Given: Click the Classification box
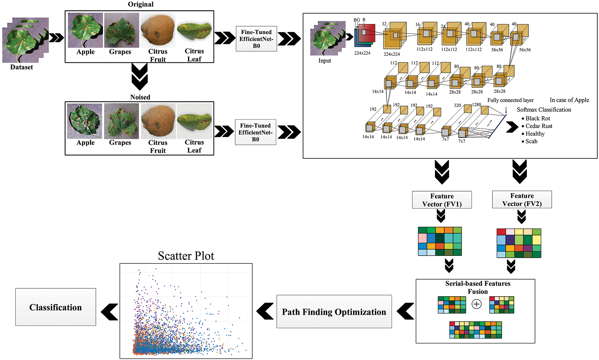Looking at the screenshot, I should point(55,307).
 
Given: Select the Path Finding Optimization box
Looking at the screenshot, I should point(334,312).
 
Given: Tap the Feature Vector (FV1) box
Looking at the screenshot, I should point(442,200).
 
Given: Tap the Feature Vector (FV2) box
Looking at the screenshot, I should point(522,200).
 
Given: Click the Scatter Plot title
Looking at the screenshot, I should point(186,256).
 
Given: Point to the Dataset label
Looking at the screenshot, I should point(21,67).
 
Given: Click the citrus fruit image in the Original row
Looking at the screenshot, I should point(158,30).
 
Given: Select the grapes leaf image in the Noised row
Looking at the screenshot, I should point(121,121).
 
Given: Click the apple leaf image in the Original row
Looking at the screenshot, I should point(85,30).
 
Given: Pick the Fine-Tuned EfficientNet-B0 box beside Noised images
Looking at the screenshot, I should point(255,132).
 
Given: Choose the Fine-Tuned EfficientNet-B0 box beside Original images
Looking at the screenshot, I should point(256,39).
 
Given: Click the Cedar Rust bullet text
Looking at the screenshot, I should point(538,126).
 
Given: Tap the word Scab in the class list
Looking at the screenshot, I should point(531,141).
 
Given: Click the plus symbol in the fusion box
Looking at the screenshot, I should point(476,304).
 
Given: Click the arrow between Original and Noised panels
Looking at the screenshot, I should point(139,77).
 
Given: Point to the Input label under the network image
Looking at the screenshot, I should point(324,61).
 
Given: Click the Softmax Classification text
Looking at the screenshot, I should point(544,110).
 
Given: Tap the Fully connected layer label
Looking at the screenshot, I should point(510,100).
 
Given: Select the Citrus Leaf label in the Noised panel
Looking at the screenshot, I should point(194,146).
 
